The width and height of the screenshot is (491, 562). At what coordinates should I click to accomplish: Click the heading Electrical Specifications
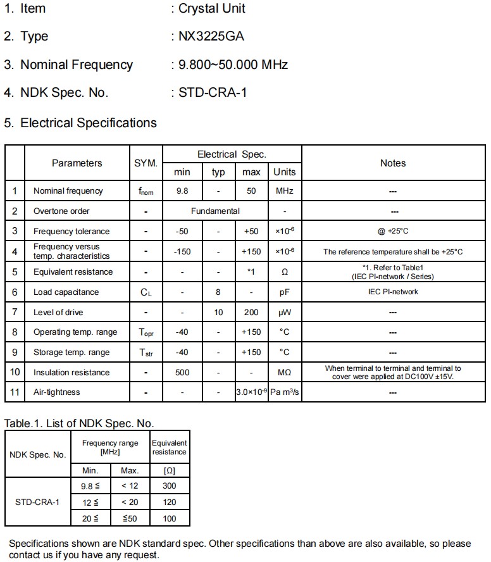pyautogui.click(x=88, y=123)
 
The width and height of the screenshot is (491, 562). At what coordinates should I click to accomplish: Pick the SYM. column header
pyautogui.click(x=146, y=163)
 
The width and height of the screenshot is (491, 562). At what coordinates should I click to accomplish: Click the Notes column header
pyautogui.click(x=392, y=163)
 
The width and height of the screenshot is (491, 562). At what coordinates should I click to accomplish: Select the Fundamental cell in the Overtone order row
pyautogui.click(x=215, y=211)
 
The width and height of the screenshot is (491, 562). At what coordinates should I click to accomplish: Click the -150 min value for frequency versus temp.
pyautogui.click(x=182, y=251)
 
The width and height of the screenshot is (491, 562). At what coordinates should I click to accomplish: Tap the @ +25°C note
pyautogui.click(x=392, y=231)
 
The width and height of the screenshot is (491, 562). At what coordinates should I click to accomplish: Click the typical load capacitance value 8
pyautogui.click(x=218, y=292)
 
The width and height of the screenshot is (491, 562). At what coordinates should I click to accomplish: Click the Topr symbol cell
pyautogui.click(x=146, y=332)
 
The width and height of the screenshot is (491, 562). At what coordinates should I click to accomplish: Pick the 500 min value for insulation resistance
pyautogui.click(x=182, y=372)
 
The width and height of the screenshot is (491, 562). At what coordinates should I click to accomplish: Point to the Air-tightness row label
pyautogui.click(x=57, y=392)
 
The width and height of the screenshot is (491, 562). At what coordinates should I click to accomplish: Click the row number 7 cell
pyautogui.click(x=15, y=312)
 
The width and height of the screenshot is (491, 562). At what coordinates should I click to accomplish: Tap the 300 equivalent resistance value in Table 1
pyautogui.click(x=169, y=486)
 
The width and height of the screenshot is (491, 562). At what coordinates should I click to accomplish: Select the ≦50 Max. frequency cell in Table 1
pyautogui.click(x=130, y=518)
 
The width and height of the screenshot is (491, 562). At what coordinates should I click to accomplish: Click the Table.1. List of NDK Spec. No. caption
pyautogui.click(x=79, y=423)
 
